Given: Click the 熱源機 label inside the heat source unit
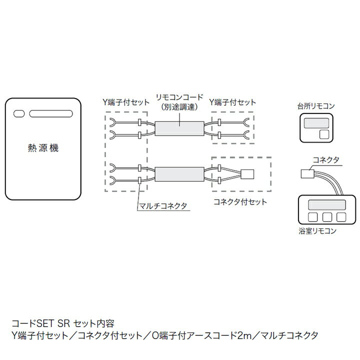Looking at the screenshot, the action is (43, 148).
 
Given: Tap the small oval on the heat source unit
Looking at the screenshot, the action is (19, 113).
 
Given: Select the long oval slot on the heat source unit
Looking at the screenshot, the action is (51, 113).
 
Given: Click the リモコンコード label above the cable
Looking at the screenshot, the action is (179, 97).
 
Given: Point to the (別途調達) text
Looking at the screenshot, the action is (179, 107).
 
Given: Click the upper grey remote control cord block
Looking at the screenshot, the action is (179, 128).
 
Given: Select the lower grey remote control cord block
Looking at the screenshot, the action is (179, 174).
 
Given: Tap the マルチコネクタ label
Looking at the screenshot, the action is (163, 206).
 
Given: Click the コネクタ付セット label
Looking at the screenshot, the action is (240, 202).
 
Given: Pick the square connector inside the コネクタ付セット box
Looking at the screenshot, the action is (247, 174).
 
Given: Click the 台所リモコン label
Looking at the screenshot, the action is (316, 106).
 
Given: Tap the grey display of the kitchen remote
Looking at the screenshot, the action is (316, 123).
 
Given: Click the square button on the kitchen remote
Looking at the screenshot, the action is (324, 134).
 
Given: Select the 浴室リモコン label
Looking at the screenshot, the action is (317, 230).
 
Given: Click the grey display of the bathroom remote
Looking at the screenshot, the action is (327, 205).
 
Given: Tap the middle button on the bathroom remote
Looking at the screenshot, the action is (327, 217).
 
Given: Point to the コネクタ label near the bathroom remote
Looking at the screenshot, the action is (326, 160).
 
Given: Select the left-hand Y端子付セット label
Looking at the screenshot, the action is (126, 102).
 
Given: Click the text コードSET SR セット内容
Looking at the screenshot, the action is (63, 323).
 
